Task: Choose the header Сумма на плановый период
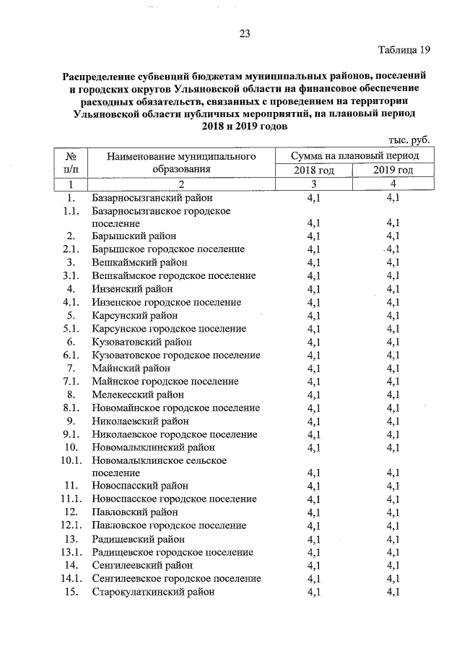coord(353,155)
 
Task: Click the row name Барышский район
coord(134,236)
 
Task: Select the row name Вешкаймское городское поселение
coord(174,275)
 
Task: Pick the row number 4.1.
coord(71,302)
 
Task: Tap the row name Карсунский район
coord(135,315)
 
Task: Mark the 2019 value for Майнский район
coord(393,369)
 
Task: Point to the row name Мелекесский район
coord(138,395)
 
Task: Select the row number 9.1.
coord(71,434)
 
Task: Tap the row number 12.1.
coord(70,525)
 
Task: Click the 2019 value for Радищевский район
coord(393,539)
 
